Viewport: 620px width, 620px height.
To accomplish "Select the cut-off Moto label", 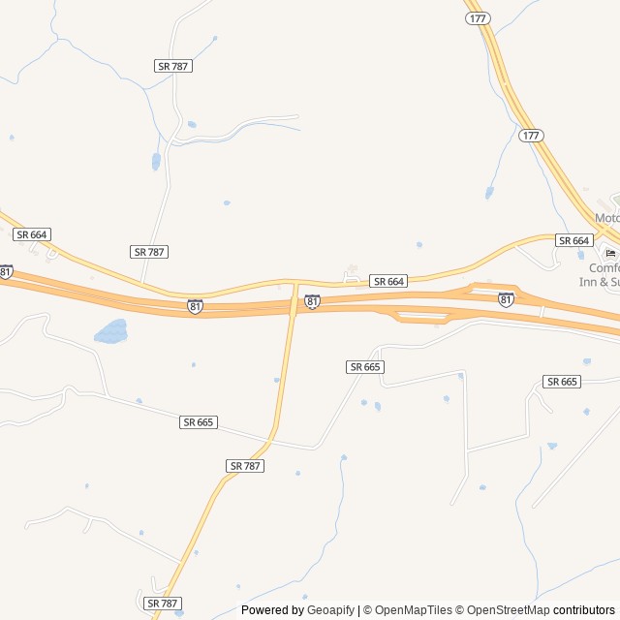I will point(606,218).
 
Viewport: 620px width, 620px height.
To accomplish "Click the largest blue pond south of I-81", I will point(111,332).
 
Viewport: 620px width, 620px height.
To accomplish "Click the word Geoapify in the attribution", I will point(330,610).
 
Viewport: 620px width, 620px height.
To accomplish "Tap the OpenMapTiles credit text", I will point(413,610).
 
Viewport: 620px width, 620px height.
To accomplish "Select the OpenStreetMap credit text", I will point(509,610).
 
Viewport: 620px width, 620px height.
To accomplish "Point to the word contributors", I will point(584,610).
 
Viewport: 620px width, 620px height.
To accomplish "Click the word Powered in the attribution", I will point(267,610).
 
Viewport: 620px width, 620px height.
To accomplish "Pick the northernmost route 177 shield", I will point(477,18).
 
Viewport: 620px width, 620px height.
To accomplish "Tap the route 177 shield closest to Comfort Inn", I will point(531,136).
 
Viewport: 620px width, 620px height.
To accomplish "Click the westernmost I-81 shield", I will point(7,272).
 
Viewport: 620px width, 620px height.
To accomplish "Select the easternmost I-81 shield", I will point(506,300).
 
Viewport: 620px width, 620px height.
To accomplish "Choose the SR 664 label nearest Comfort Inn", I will point(573,240).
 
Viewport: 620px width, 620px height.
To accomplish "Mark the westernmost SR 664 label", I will point(32,234).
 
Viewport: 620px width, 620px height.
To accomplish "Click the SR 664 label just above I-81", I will point(388,281).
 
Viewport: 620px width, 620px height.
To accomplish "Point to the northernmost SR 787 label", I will point(173,66).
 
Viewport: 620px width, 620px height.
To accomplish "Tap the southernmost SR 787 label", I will point(163,603).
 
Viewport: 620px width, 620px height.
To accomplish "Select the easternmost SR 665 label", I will point(562,382).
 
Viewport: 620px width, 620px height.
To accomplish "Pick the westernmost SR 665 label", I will point(199,422).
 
